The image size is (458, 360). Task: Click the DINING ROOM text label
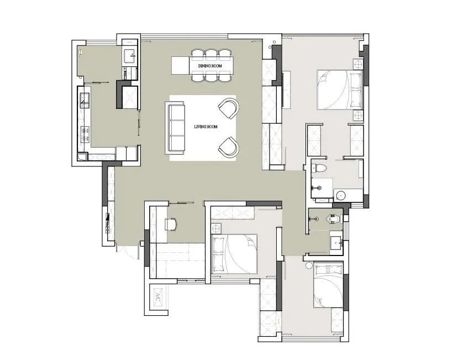coord(210,66)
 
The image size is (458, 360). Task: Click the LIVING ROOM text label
coord(206,127)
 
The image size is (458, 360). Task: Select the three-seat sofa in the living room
coord(175,128)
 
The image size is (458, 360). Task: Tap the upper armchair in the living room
coord(229,108)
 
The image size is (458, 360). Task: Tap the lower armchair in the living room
coord(229,146)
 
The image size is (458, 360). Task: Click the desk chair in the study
coord(171,224)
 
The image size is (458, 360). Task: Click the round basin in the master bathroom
coord(340,195)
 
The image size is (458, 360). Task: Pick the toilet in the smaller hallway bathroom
coord(334,218)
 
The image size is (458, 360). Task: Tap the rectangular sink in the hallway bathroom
coord(337,242)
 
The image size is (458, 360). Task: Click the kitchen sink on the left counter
coord(85,100)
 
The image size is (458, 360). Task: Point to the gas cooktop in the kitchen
coord(85,134)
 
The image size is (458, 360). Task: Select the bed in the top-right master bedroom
coord(340,90)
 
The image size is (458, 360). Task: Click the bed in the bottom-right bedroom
coord(328,286)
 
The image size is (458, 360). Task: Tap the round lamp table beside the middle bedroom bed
coord(217,228)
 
